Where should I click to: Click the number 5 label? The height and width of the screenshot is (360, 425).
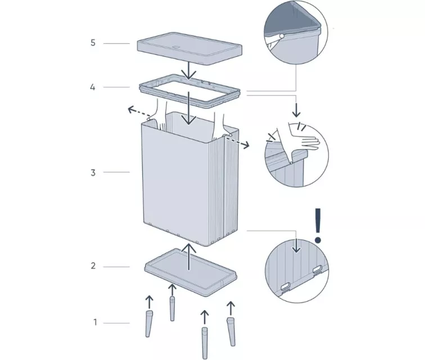tap(93, 43)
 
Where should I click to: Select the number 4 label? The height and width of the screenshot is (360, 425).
tap(93, 87)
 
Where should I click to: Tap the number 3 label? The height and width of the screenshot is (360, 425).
tap(93, 172)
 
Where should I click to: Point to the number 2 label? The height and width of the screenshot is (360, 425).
tap(93, 266)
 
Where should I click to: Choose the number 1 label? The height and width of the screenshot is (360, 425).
tap(95, 322)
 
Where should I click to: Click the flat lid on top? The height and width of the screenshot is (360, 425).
tap(189, 49)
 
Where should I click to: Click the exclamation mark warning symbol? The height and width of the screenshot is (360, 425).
tap(318, 225)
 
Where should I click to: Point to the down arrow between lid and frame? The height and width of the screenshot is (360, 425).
tap(189, 70)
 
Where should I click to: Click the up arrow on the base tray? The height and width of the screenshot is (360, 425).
tap(189, 257)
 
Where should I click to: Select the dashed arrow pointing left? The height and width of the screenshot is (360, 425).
tap(138, 112)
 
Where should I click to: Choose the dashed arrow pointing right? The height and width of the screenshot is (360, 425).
tap(238, 143)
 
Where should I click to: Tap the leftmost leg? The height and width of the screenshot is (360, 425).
tap(149, 323)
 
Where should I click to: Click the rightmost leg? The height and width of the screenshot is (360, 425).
tap(231, 332)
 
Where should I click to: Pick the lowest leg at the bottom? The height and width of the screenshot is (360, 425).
tap(205, 343)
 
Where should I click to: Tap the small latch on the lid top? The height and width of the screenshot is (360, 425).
tap(176, 47)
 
